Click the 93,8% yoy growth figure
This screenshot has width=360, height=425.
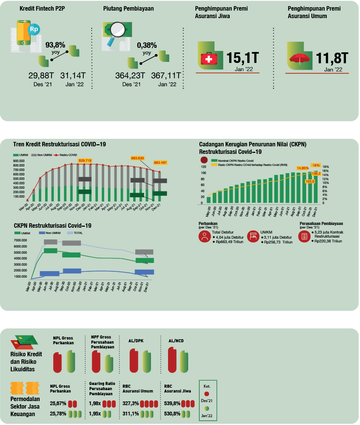pyautogui.click(x=55, y=45)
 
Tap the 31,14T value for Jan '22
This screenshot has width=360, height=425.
pyautogui.click(x=73, y=76)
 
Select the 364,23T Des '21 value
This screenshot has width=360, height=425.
pyautogui.click(x=130, y=76)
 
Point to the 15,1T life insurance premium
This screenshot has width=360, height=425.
pyautogui.click(x=243, y=58)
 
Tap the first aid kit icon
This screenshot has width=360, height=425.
pyautogui.click(x=209, y=59)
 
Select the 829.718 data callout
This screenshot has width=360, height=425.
pyautogui.click(x=85, y=160)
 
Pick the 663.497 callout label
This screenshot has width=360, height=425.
pyautogui.click(x=160, y=163)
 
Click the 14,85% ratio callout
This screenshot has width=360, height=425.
pyautogui.click(x=303, y=168)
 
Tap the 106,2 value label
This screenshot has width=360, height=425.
pyautogui.click(x=316, y=174)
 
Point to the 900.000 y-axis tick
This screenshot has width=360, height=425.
pyautogui.click(x=19, y=161)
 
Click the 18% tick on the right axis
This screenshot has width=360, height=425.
pyautogui.click(x=326, y=167)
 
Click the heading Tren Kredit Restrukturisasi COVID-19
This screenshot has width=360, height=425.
pyautogui.click(x=59, y=144)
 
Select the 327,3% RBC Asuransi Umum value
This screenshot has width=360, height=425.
pyautogui.click(x=130, y=403)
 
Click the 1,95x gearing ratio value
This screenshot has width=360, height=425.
pyautogui.click(x=95, y=414)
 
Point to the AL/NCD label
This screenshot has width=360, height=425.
pyautogui.click(x=176, y=341)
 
